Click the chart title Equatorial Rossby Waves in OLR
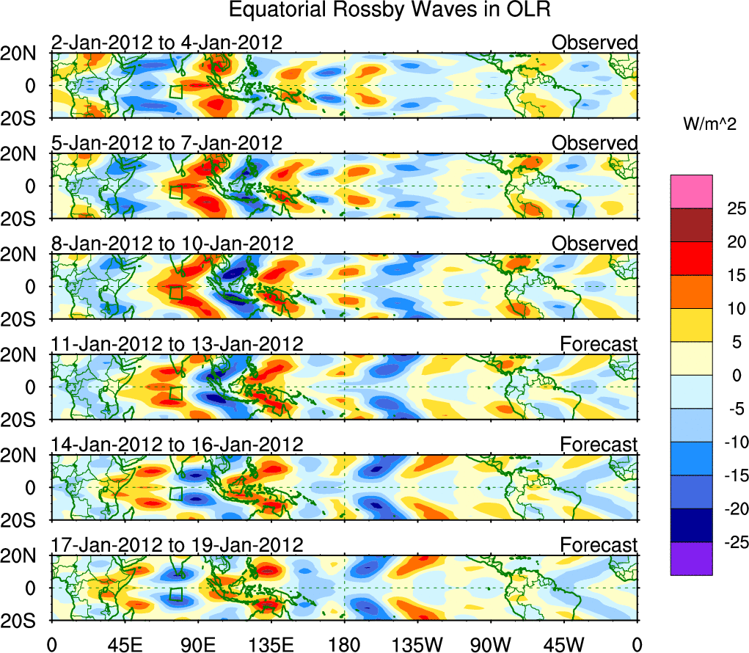pos(390,10)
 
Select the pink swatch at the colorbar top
pos(690,191)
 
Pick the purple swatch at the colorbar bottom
pos(690,558)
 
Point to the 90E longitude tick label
pos(198,645)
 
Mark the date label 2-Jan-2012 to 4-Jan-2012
pos(167,43)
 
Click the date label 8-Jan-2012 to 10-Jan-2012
pos(172,244)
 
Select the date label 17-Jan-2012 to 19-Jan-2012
pos(177,545)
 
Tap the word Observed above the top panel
pos(595,43)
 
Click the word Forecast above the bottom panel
pos(599,545)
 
